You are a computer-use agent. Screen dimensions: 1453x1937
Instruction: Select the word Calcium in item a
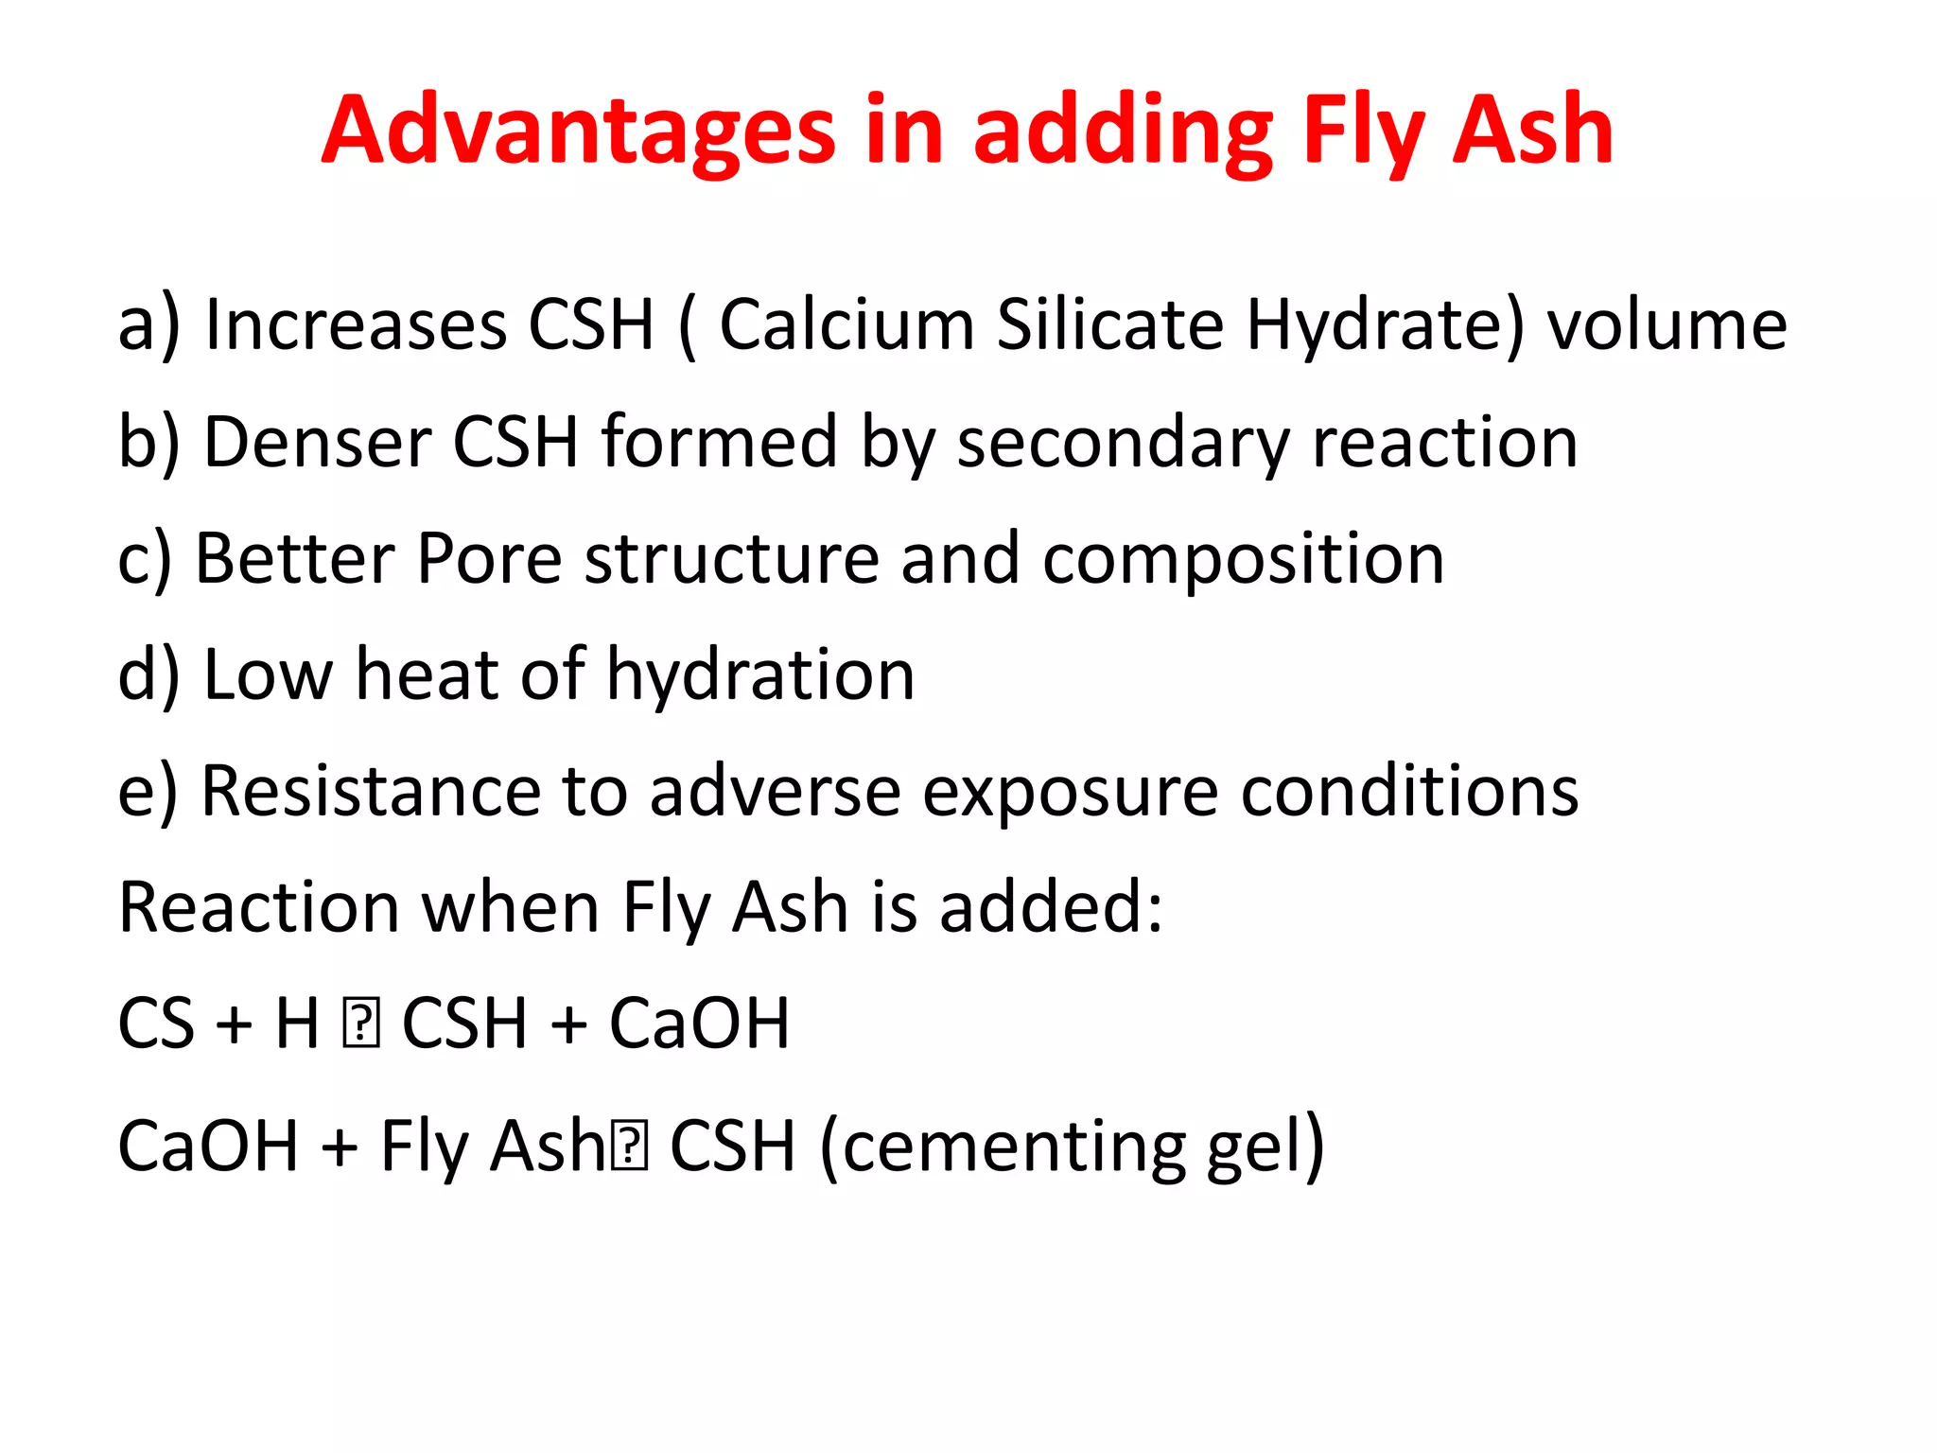(846, 324)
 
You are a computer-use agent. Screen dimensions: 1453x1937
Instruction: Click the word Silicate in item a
(1109, 324)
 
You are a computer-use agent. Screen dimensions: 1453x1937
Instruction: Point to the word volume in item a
(1667, 324)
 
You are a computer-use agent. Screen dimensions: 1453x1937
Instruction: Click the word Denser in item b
(317, 442)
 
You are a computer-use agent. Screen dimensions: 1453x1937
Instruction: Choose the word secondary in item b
(1123, 442)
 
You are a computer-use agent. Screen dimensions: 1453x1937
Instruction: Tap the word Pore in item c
(489, 558)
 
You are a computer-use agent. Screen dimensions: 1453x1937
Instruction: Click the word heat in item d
(427, 674)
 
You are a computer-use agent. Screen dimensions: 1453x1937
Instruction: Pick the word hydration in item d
(760, 674)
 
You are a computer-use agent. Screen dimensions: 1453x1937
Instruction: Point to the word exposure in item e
(1070, 791)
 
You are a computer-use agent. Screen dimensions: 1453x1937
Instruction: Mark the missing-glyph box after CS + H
(360, 1025)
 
